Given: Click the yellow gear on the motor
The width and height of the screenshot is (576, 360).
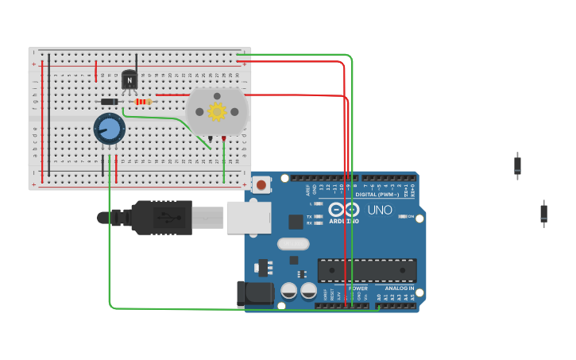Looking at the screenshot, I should (x=217, y=111).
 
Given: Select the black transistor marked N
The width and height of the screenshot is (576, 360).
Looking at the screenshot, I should (x=129, y=80).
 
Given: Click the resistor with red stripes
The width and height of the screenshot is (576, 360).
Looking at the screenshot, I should (x=143, y=102).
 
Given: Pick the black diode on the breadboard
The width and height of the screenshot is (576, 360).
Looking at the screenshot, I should (x=110, y=102).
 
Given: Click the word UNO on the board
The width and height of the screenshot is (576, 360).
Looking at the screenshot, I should (x=379, y=211).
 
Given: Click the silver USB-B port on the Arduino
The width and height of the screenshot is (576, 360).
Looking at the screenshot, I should (x=249, y=217).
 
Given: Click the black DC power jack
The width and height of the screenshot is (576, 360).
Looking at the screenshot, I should (x=255, y=293).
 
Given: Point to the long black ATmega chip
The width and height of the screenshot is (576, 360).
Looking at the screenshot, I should (x=366, y=270).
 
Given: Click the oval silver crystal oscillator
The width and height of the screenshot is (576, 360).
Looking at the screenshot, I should (x=293, y=244).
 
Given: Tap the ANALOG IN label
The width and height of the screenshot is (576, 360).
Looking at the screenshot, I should (x=400, y=288).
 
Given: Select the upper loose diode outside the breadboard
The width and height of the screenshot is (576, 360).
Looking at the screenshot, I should (x=517, y=165).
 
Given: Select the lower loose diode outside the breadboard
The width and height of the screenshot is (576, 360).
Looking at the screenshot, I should (x=543, y=213).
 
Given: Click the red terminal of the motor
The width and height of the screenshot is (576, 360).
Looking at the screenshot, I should (x=224, y=139).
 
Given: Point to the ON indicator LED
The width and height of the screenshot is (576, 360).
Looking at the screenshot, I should (x=403, y=216).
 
